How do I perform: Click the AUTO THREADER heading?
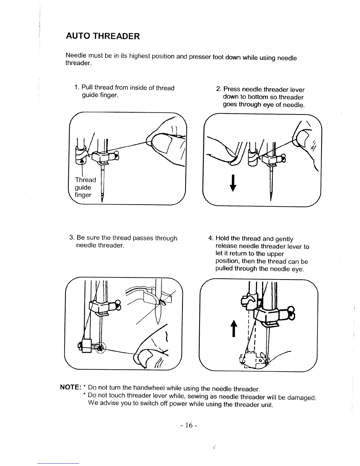tap(103, 36)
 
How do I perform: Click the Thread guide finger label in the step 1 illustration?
tap(85, 187)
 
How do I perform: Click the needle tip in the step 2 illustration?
tap(271, 199)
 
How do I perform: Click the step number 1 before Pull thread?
tap(76, 88)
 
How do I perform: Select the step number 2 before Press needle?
tap(218, 89)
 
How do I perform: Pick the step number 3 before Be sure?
tap(71, 238)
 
